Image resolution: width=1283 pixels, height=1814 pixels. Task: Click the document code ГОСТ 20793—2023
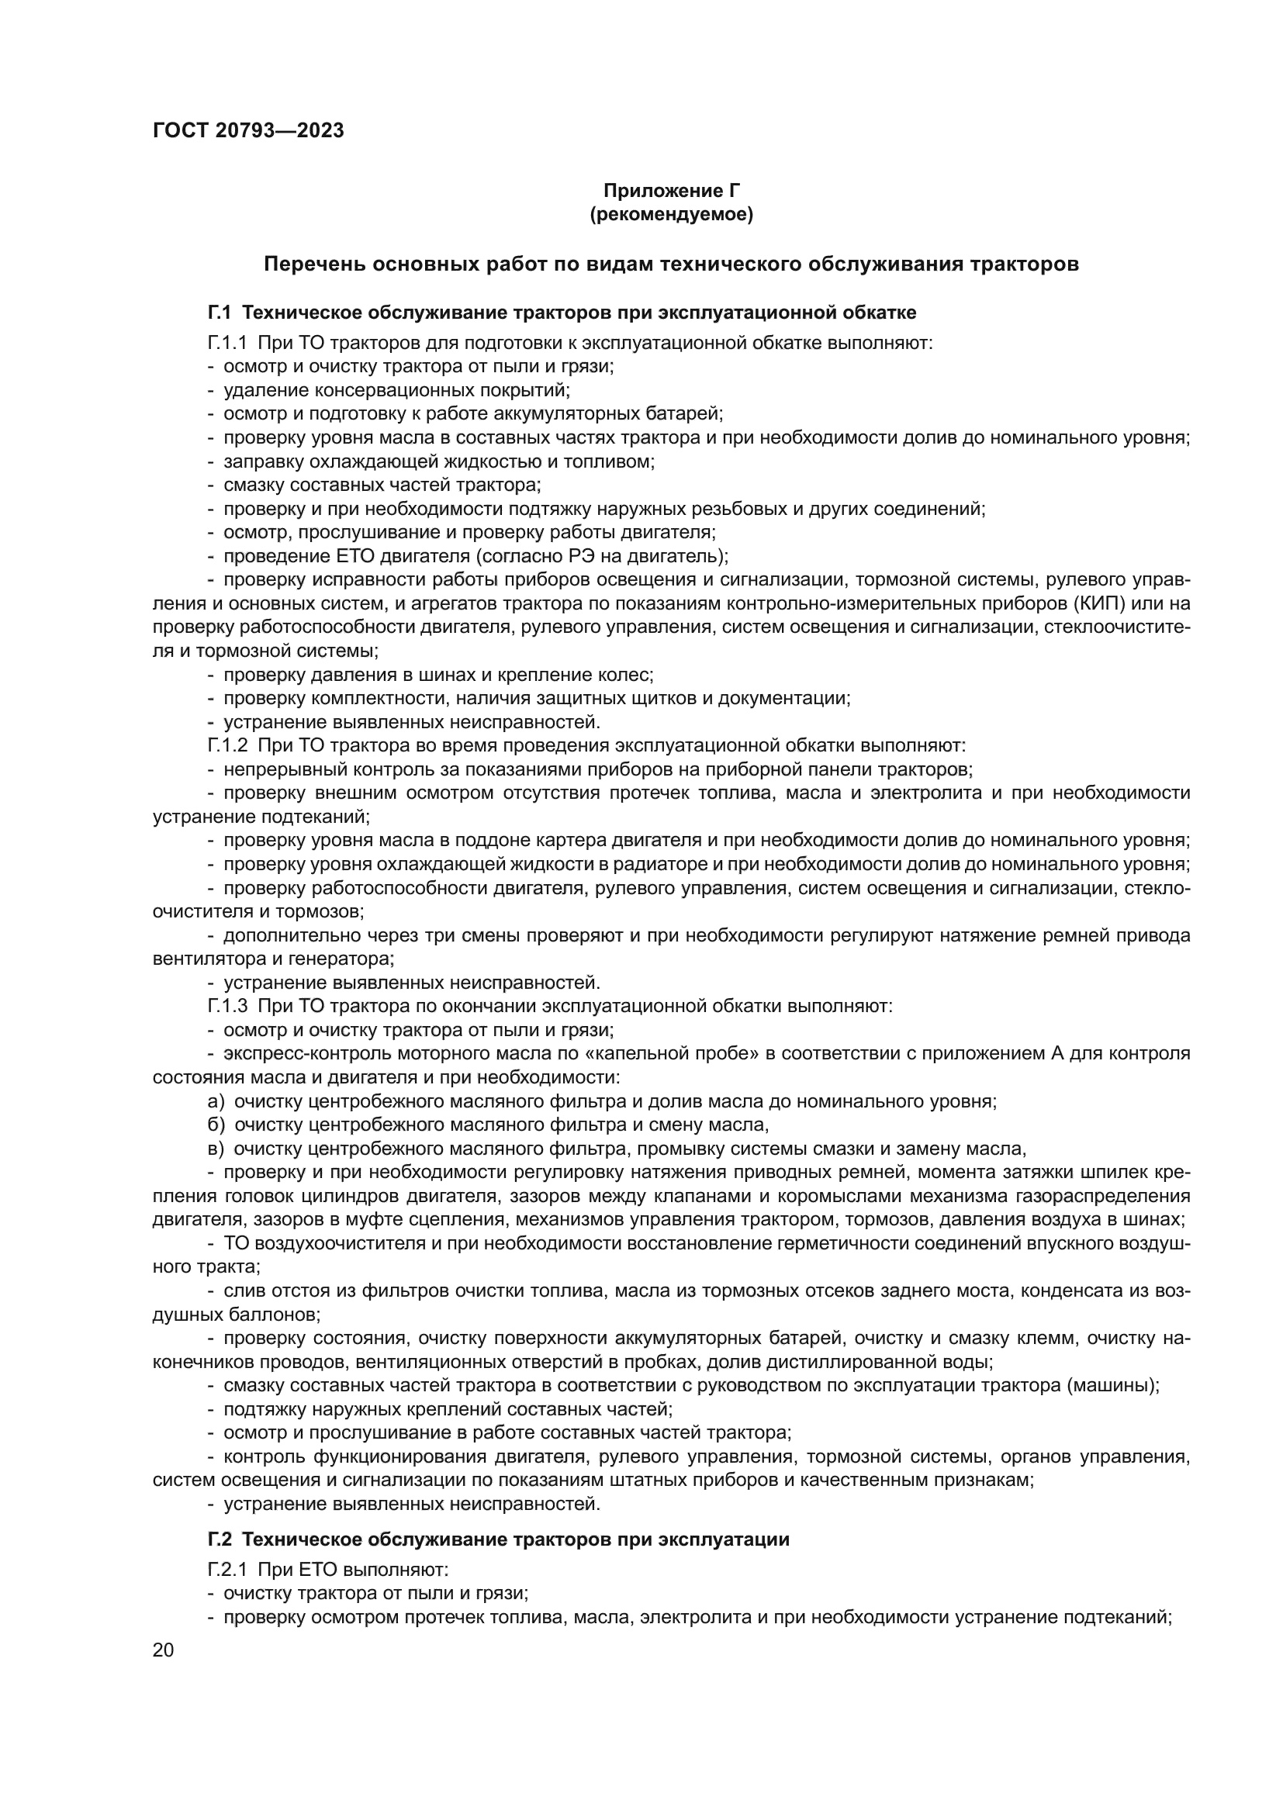click(x=248, y=131)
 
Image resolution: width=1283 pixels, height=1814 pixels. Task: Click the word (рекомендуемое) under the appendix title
click(x=671, y=214)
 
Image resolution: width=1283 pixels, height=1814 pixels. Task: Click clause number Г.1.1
click(x=227, y=343)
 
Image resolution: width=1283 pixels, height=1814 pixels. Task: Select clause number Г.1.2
click(x=227, y=745)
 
